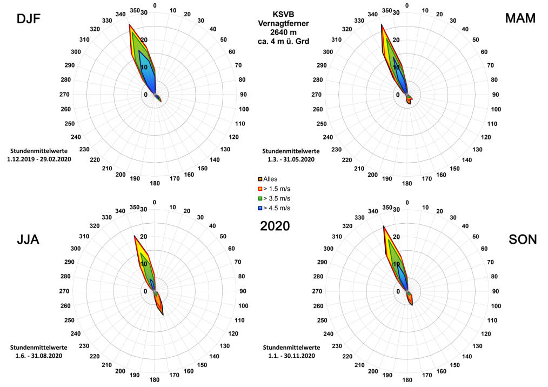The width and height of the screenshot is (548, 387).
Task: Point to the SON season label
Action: click(x=523, y=239)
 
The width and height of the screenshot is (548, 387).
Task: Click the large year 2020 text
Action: click(x=275, y=226)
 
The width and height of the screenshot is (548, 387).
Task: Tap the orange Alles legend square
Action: click(x=260, y=179)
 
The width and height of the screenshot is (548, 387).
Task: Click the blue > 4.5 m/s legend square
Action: click(x=260, y=208)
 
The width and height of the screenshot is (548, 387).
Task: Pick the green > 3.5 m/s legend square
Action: click(x=260, y=198)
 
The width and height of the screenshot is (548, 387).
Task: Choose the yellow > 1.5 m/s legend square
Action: click(x=260, y=189)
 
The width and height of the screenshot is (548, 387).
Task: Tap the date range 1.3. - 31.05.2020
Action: click(x=291, y=159)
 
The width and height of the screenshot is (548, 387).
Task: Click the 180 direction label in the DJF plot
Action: click(x=155, y=183)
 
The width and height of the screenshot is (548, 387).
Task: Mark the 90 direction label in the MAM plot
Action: click(x=496, y=95)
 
